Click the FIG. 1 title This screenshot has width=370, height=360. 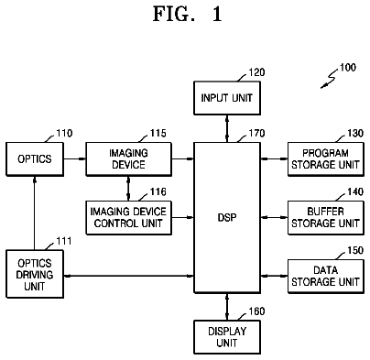pyautogui.click(x=187, y=14)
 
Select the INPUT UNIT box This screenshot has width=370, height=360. pyautogui.click(x=227, y=98)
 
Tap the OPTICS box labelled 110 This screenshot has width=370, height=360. pyautogui.click(x=35, y=159)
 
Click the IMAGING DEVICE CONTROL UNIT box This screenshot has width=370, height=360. pyautogui.click(x=128, y=218)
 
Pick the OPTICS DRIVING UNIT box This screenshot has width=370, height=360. pyautogui.click(x=35, y=274)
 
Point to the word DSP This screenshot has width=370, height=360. pyautogui.click(x=227, y=217)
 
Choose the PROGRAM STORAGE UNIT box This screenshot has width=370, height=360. pyautogui.click(x=326, y=159)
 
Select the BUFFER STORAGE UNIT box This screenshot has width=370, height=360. pyautogui.click(x=326, y=218)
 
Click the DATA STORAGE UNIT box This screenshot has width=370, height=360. pyautogui.click(x=326, y=277)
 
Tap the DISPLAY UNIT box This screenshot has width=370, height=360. pyautogui.click(x=227, y=337)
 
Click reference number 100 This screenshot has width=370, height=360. pyautogui.click(x=348, y=68)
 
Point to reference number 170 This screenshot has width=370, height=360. pyautogui.click(x=256, y=134)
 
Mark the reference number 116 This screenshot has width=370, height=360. pyautogui.click(x=158, y=191)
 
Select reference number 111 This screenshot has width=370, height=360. pyautogui.click(x=64, y=241)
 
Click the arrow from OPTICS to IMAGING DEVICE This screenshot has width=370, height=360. pyautogui.click(x=75, y=158)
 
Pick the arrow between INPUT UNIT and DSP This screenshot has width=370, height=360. pyautogui.click(x=227, y=128)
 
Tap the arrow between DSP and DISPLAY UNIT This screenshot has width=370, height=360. pyautogui.click(x=227, y=307)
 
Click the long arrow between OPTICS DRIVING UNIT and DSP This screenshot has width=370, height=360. pyautogui.click(x=129, y=276)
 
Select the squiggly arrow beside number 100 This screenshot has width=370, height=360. pyautogui.click(x=330, y=79)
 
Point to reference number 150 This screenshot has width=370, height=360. pyautogui.click(x=355, y=250)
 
